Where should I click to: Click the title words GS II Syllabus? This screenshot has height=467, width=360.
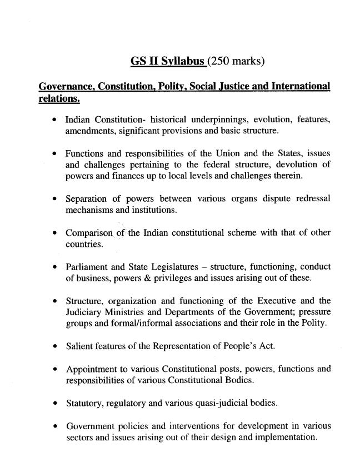[x=168, y=61]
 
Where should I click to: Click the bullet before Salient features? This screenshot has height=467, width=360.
[x=55, y=347]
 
